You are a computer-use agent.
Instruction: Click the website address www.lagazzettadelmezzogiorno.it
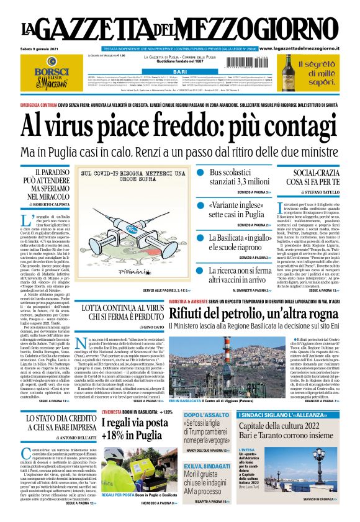(x=306, y=48)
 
